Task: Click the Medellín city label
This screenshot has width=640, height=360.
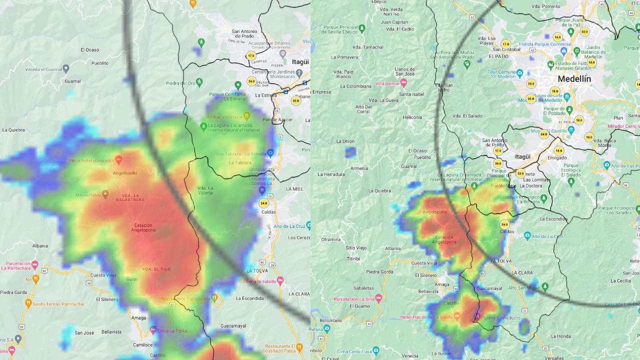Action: pos(574,79)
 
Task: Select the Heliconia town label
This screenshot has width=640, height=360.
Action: pos(412,117)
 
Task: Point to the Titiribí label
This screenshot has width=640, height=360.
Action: pos(353,259)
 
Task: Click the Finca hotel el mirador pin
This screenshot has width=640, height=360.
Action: pos(118,159)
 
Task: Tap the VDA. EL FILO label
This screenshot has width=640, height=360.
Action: pos(159,269)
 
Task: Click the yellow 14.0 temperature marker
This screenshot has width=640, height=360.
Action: pos(557,37)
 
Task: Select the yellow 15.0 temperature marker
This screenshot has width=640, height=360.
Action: pos(591,62)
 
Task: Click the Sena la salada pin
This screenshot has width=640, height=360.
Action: pos(280,281)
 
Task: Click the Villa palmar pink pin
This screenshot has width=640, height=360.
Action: pos(403,82)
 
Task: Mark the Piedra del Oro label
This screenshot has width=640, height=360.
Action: pos(180,83)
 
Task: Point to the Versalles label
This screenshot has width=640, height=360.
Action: pos(554,358)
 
